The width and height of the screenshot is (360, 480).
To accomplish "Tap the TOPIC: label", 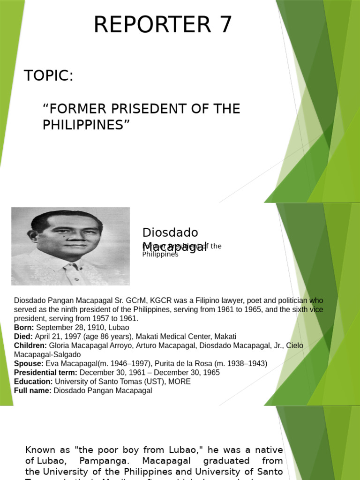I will click(x=49, y=75).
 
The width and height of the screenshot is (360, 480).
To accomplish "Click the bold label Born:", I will click(x=24, y=328).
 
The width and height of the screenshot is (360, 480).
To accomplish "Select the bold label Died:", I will click(x=23, y=337).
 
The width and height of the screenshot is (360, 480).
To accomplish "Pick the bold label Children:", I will click(x=30, y=345).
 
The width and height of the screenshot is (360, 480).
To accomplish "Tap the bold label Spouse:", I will click(x=29, y=364).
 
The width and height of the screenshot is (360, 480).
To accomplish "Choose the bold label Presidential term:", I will click(x=45, y=373).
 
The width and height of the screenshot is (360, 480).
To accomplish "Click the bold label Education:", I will click(x=33, y=382).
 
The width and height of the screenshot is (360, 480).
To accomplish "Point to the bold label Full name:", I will click(x=33, y=390).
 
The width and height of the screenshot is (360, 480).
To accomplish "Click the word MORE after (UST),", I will click(x=181, y=382).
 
